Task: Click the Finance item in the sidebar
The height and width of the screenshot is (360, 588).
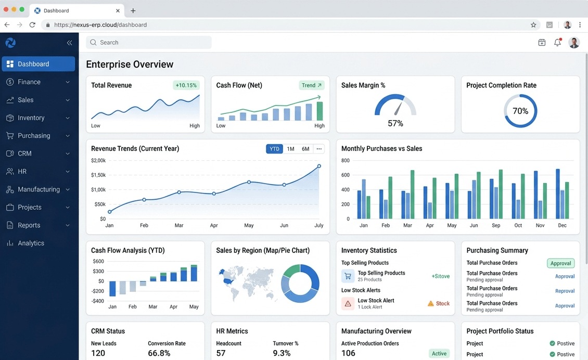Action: pos(29,82)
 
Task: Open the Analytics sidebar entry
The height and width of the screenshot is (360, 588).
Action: pos(31,243)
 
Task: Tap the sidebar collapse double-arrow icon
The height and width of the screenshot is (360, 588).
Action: pos(69,43)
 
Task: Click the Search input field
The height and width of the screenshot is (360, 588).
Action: pos(148,42)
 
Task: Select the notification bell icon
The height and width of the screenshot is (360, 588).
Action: pos(558,42)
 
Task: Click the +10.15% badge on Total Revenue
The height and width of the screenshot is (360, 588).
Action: pos(186,85)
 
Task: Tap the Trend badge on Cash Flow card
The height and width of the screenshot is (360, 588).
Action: pos(311,85)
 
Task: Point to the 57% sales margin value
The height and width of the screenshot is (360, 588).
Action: pos(395,123)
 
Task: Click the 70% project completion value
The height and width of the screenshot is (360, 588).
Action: pos(520,111)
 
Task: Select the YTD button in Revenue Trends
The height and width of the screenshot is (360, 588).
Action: pos(275,149)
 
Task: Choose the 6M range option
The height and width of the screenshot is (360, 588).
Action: pos(305,149)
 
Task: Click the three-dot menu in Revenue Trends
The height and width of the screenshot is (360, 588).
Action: pos(319,149)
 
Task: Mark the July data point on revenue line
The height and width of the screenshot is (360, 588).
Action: pos(319,166)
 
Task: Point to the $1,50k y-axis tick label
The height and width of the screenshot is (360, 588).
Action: pos(98,175)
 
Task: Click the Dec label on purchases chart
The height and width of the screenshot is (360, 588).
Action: pos(562,225)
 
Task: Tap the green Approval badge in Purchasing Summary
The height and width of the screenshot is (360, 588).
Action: pos(560,263)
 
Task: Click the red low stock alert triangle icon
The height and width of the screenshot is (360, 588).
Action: pos(348,303)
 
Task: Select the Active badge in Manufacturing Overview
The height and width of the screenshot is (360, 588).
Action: pos(439,353)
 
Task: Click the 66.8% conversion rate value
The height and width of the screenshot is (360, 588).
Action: pos(159,353)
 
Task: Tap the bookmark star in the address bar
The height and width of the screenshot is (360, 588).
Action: pos(533,25)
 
